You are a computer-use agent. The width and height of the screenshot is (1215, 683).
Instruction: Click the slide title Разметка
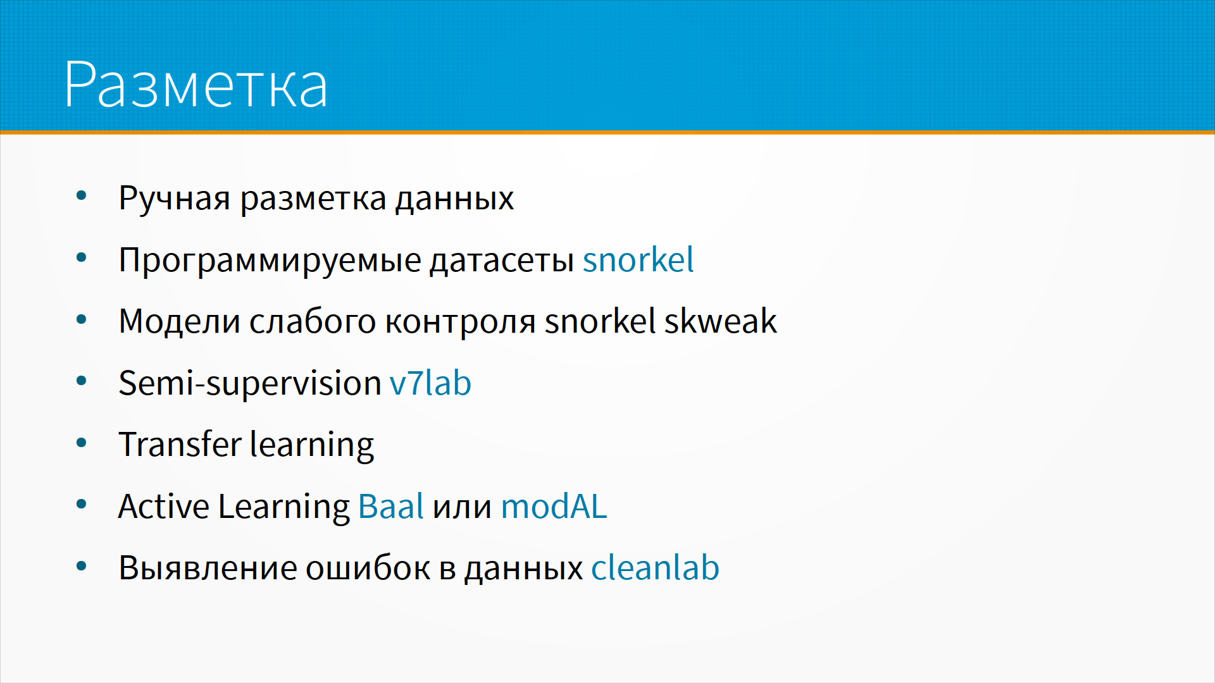click(x=196, y=85)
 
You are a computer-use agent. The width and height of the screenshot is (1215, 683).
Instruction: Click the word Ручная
click(x=175, y=199)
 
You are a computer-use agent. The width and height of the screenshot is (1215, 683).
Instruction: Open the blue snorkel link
click(x=638, y=259)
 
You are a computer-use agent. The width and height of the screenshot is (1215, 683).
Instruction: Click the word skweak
click(x=720, y=321)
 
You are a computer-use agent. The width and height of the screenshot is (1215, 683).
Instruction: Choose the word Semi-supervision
click(x=250, y=383)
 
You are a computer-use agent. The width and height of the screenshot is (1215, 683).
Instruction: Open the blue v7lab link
click(x=430, y=383)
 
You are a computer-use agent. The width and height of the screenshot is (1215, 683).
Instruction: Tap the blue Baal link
click(x=391, y=506)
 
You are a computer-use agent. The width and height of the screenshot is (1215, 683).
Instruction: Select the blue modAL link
click(x=554, y=506)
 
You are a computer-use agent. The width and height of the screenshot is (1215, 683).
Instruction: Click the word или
click(x=462, y=508)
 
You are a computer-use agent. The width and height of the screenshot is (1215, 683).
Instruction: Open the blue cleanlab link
click(x=655, y=567)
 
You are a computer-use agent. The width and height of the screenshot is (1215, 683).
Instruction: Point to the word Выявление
click(x=208, y=568)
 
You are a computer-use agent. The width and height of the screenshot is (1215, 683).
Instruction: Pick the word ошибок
click(x=368, y=567)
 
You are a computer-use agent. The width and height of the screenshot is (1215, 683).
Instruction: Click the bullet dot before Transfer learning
click(x=81, y=443)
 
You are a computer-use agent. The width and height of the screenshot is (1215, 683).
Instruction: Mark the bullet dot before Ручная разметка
click(x=81, y=196)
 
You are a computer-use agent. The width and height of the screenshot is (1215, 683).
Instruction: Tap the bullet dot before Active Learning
click(x=81, y=505)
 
